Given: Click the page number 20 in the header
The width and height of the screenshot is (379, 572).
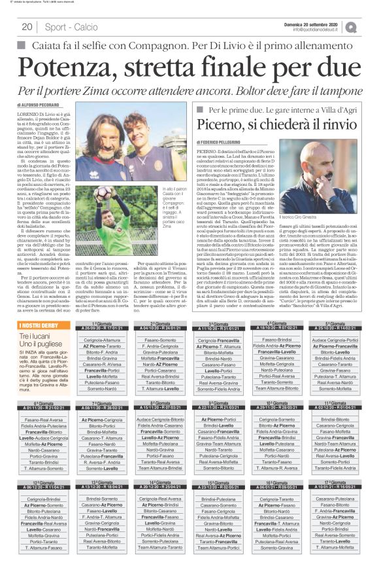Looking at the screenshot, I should point(27,27).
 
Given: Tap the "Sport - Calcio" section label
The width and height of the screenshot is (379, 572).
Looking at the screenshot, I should point(65,27).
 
